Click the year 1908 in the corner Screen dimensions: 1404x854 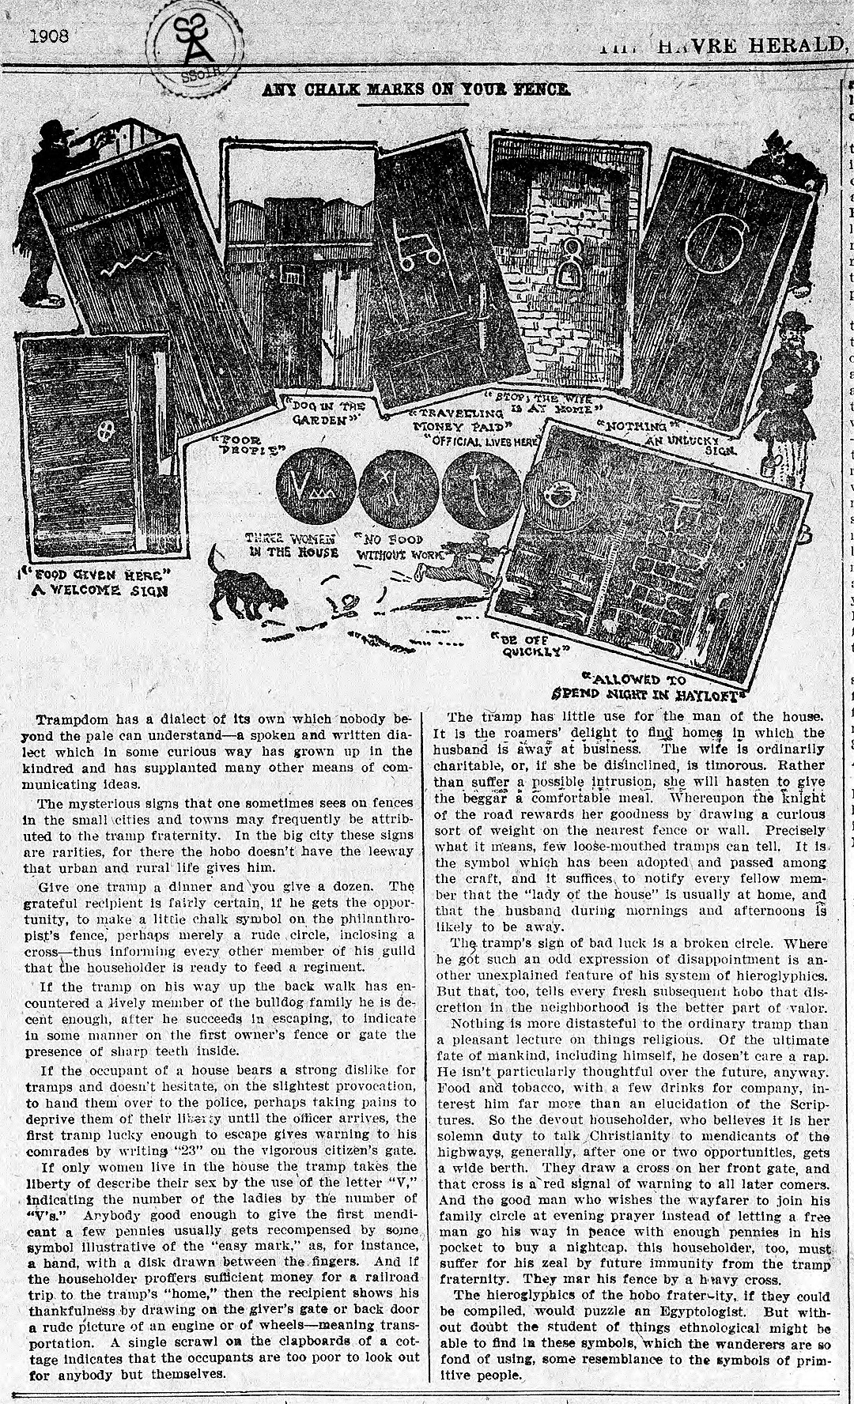pyautogui.click(x=49, y=36)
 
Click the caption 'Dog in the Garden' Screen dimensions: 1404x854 pyautogui.click(x=328, y=413)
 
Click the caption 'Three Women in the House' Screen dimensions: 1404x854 pyautogui.click(x=292, y=545)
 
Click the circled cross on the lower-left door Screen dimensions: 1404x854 pyautogui.click(x=107, y=431)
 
